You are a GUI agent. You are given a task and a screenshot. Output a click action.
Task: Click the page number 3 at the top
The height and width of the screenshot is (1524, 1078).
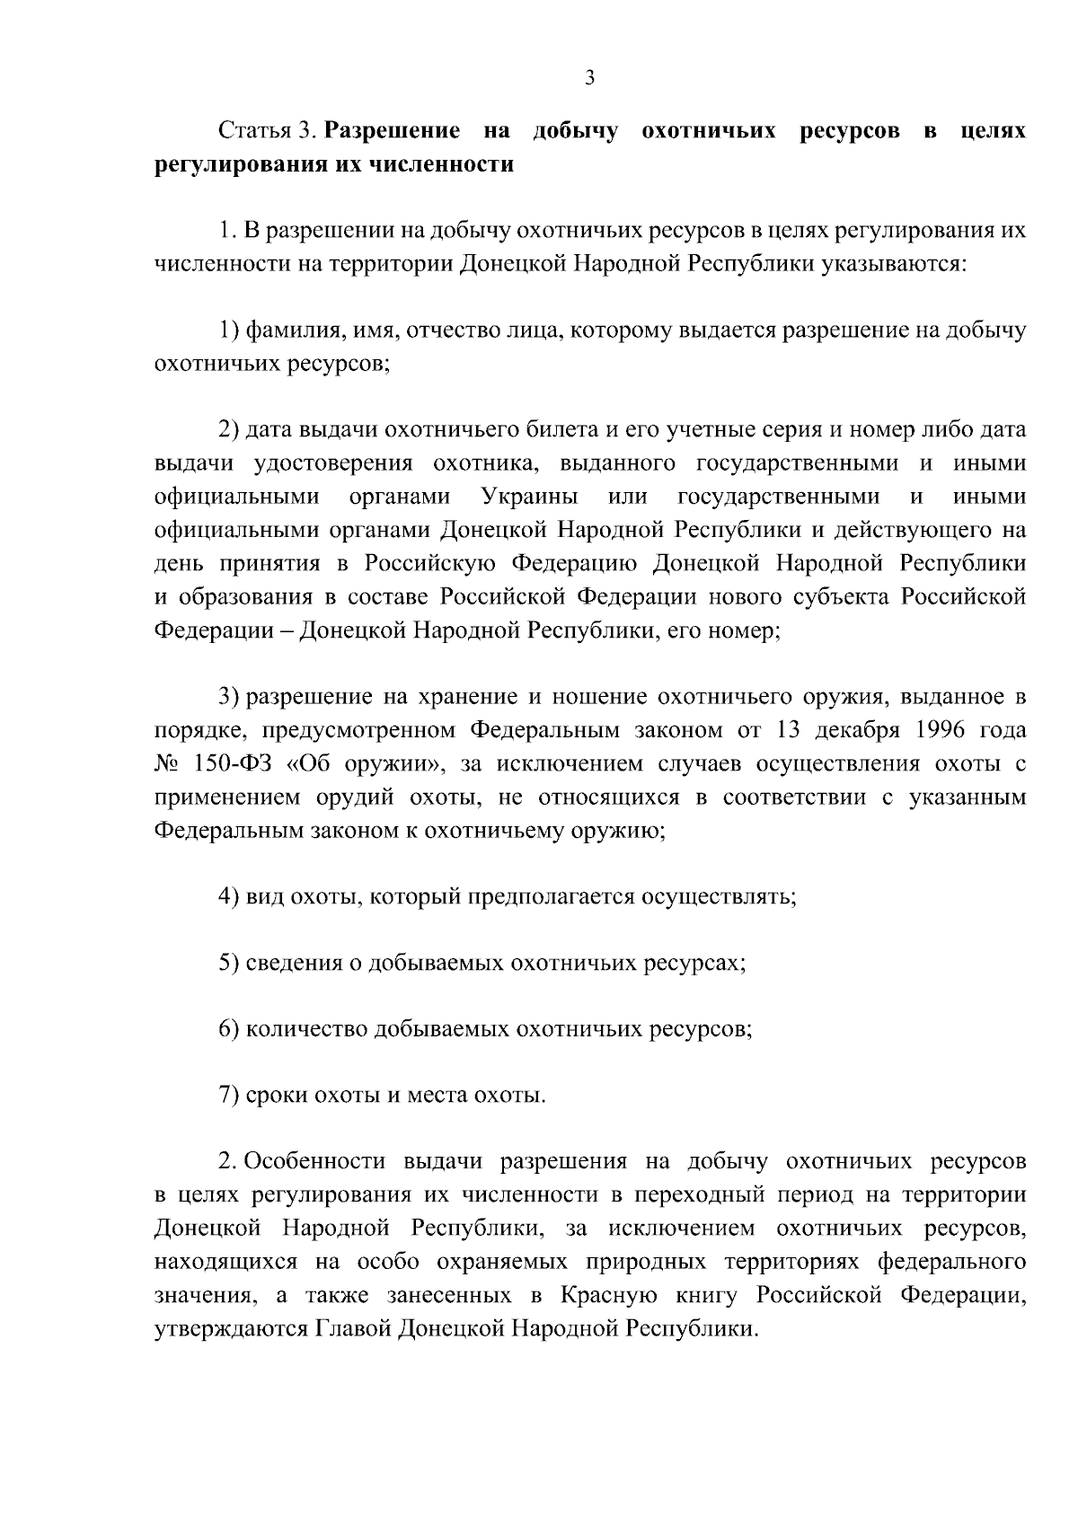coord(589,78)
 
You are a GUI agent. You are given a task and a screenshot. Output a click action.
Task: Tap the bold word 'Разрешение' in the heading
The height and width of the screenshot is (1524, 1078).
coord(393,132)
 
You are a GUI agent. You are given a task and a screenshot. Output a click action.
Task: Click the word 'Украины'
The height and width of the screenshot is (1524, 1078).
coord(529,497)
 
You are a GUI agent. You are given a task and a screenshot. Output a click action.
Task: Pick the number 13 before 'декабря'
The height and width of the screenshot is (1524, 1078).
coord(788,730)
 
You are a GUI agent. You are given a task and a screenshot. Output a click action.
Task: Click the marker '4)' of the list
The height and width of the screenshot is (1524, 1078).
coord(229,896)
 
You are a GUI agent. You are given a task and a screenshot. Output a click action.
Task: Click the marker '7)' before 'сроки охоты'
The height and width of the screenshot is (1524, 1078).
coord(229,1096)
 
